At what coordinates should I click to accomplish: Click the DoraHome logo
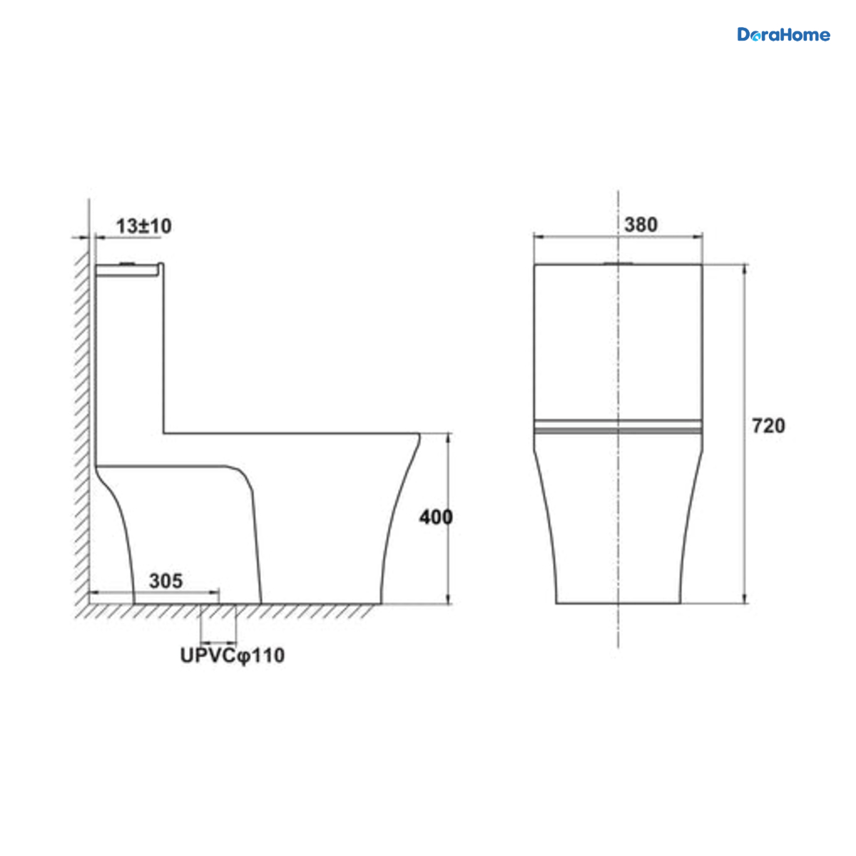point(783,35)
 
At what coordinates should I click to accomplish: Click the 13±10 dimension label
point(143,226)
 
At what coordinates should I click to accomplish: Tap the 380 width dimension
point(641,225)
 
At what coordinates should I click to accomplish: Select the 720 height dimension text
point(768,426)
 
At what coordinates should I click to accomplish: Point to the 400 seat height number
point(436,517)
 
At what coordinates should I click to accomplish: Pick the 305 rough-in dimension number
point(165,581)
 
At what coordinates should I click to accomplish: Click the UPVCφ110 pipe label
point(232,656)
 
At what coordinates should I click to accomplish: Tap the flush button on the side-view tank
point(127,264)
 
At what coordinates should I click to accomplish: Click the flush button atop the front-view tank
point(618,263)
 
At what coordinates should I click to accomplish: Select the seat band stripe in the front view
point(618,427)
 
